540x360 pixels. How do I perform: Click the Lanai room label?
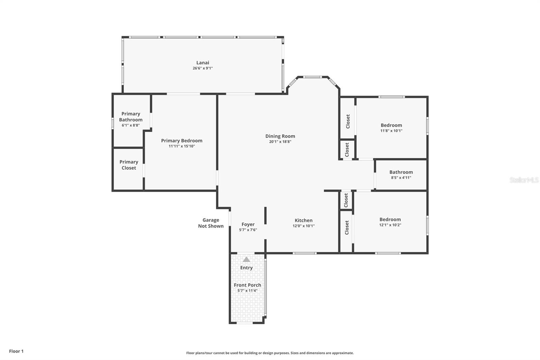point(202,62)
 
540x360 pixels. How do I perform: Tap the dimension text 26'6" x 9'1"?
point(202,68)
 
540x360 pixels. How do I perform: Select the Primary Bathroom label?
point(131,117)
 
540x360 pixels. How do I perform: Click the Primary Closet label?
point(129,165)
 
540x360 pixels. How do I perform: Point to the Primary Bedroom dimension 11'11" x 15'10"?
point(182,146)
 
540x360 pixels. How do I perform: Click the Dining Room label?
point(280,136)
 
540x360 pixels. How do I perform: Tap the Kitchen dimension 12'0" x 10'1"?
point(303,226)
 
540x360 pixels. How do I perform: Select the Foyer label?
point(248,224)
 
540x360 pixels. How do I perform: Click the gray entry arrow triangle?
point(246,259)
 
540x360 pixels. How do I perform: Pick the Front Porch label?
point(247,285)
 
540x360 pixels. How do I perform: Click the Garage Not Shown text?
point(211,223)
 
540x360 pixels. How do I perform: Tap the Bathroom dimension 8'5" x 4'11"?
point(401,178)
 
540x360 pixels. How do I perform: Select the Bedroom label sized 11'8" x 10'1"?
point(391,125)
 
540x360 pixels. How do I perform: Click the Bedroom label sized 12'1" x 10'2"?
point(390,219)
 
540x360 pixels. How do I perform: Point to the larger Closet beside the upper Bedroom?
point(348,121)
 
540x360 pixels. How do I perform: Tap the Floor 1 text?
point(16,351)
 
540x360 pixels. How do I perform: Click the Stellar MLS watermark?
point(524,180)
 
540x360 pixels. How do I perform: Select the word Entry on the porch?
point(246,267)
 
